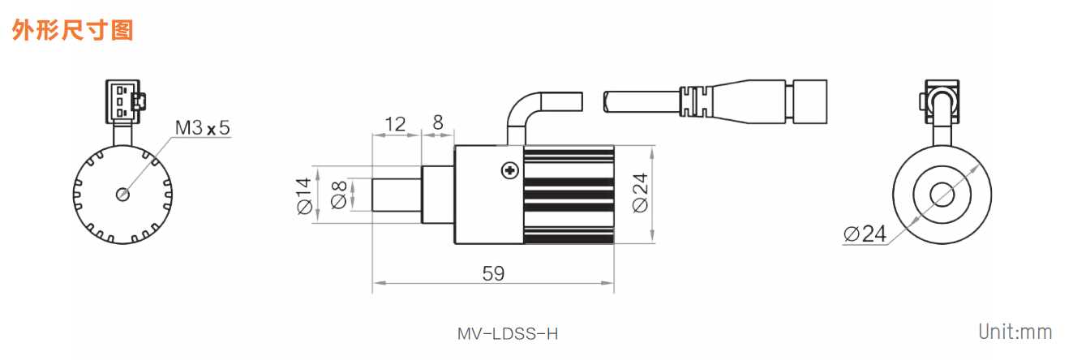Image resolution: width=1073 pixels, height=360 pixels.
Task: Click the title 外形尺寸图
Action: (72, 30)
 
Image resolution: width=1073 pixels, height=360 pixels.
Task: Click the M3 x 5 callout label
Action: (203, 127)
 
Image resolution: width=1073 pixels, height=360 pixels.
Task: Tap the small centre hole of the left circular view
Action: (123, 194)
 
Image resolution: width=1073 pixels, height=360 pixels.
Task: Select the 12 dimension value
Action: (395, 123)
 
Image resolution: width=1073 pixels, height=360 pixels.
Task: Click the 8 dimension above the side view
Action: (438, 123)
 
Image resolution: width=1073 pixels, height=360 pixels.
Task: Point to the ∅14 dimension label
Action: (304, 195)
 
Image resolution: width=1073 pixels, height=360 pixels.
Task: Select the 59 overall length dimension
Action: (493, 273)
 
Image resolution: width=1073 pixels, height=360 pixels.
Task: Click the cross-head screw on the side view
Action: (509, 169)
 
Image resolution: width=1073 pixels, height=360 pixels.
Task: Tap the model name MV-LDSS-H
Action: (508, 333)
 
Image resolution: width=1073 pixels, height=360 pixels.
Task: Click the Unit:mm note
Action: (1015, 332)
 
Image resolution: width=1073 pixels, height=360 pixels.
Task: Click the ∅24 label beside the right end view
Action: (865, 234)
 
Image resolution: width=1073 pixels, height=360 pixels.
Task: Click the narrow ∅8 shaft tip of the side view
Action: (396, 195)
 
